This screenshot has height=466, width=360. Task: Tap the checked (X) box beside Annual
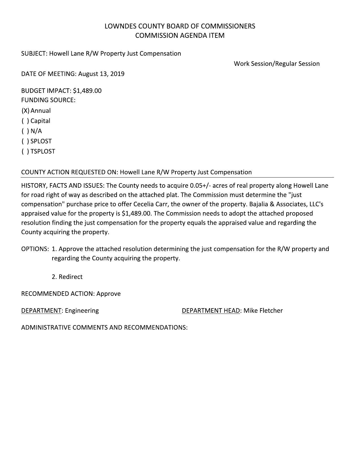pyautogui.click(x=25, y=111)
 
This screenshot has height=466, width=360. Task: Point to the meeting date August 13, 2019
pyautogui.click(x=101, y=74)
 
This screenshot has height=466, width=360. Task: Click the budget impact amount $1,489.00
pyautogui.click(x=87, y=91)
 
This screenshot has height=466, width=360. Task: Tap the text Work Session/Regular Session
pyautogui.click(x=276, y=64)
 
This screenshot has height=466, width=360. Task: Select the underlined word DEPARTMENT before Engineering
pyautogui.click(x=41, y=310)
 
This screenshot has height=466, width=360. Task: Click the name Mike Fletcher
pyautogui.click(x=263, y=310)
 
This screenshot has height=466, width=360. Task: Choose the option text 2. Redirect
pyautogui.click(x=67, y=277)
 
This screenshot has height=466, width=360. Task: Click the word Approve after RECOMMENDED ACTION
pyautogui.click(x=108, y=294)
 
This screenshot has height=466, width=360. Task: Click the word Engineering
pyautogui.click(x=82, y=310)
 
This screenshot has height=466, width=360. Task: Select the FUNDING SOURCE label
pyautogui.click(x=48, y=100)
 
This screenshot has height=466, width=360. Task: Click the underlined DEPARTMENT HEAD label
pyautogui.click(x=211, y=310)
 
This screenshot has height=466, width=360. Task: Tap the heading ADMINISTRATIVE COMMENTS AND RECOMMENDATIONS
pyautogui.click(x=104, y=327)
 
